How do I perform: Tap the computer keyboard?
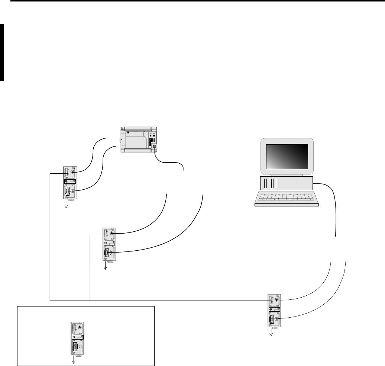[287, 199]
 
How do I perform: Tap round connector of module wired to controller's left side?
[74, 172]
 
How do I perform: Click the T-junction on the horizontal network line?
[90, 300]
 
